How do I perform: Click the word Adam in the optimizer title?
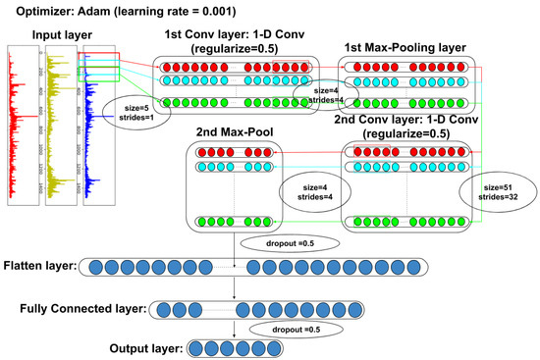88,11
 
